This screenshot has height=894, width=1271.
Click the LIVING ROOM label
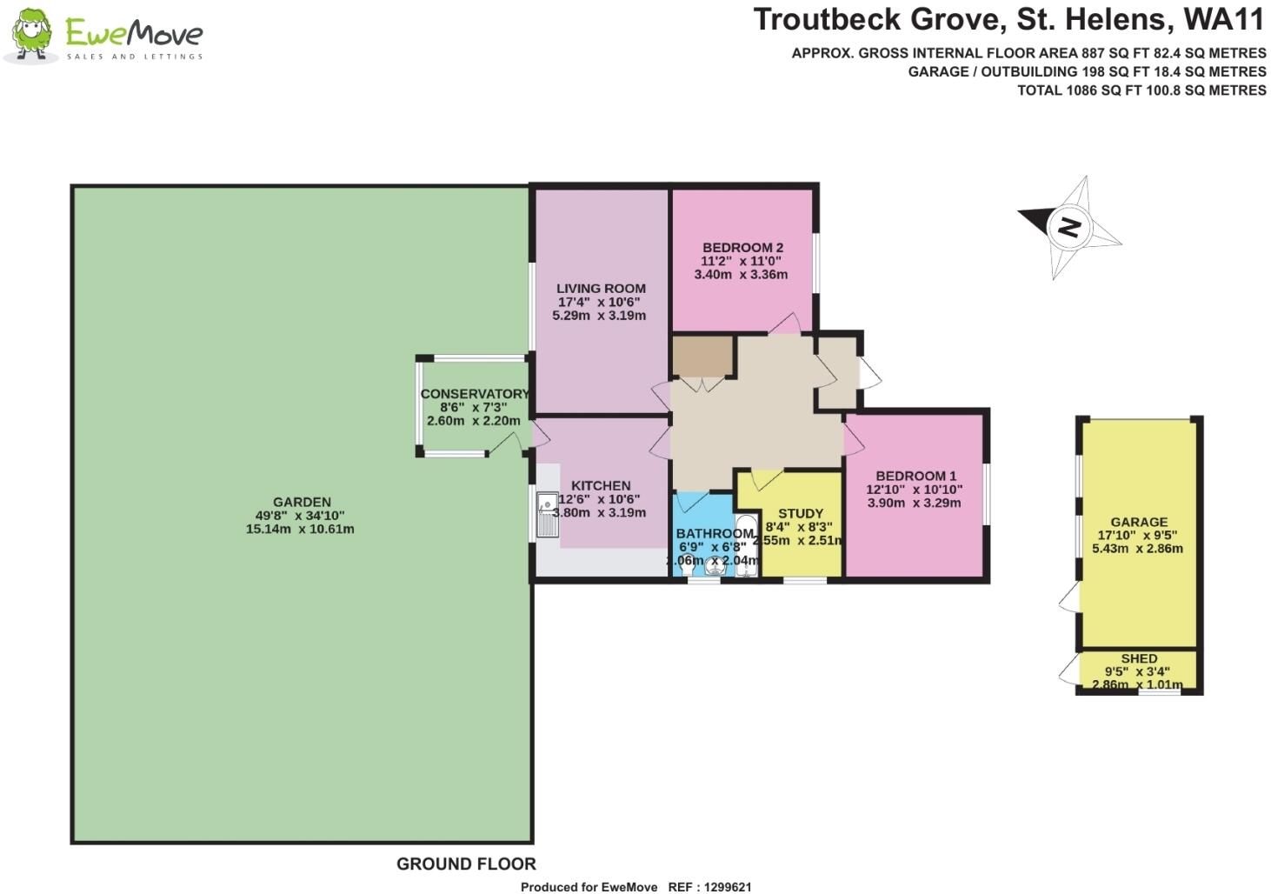tap(601, 289)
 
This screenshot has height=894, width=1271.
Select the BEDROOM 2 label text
tap(742, 248)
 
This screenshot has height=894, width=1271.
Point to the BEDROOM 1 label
tap(915, 476)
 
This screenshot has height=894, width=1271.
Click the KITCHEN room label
tap(601, 486)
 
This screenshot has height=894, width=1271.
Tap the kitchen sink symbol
tap(548, 515)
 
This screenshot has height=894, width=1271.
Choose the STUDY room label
tap(800, 514)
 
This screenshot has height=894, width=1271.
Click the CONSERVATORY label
tap(474, 394)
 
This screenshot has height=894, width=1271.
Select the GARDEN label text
tap(302, 502)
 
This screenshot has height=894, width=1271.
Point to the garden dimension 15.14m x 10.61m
tap(300, 529)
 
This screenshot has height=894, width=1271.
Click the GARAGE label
tap(1138, 522)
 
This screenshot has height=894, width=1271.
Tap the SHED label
tap(1138, 658)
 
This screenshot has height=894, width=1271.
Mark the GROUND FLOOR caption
tap(466, 864)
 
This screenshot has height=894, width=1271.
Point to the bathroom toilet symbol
tap(697, 567)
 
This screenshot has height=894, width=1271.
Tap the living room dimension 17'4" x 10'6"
tap(599, 303)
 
